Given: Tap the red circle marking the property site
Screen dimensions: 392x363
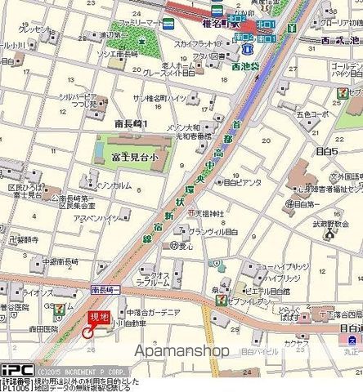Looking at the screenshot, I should (x=88, y=331).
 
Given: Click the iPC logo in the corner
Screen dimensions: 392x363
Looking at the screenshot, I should (x=16, y=370).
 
